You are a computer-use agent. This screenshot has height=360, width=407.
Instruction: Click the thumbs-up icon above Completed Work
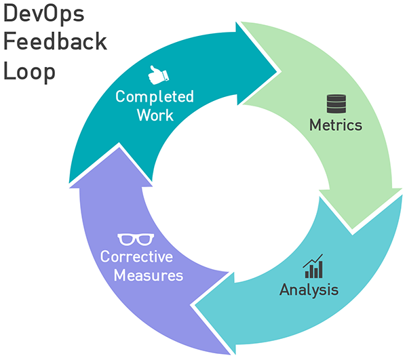[157, 74]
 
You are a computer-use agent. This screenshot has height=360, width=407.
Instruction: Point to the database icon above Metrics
[336, 104]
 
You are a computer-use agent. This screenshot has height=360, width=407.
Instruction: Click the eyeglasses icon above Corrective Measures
[136, 239]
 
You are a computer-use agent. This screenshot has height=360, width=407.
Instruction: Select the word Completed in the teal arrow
[155, 96]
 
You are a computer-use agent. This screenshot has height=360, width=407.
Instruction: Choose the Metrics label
[336, 125]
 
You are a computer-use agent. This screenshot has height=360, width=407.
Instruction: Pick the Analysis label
[309, 291]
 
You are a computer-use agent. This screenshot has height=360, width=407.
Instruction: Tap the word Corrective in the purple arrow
[136, 258]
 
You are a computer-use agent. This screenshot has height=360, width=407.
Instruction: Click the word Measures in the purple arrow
[149, 276]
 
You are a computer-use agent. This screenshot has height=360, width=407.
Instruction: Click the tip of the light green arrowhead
[355, 230]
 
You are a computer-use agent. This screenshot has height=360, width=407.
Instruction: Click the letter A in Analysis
[285, 290]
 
